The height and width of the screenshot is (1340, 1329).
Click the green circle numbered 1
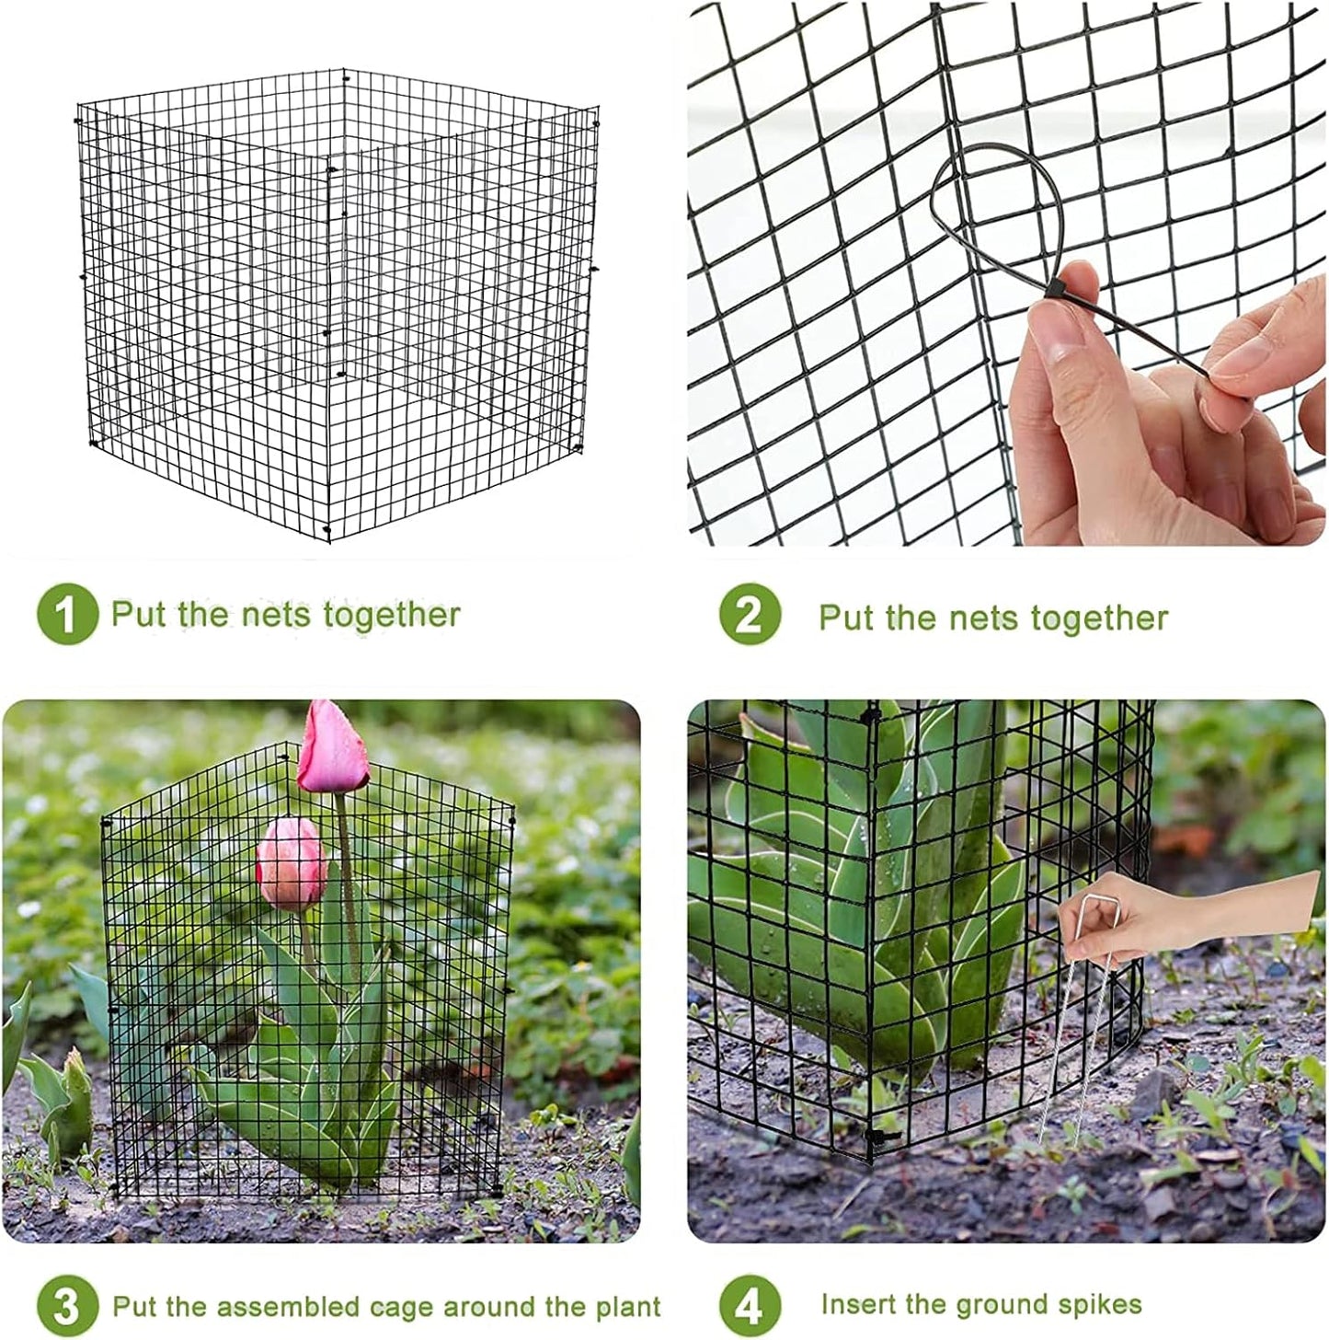coord(67,614)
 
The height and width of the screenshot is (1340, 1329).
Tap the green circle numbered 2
coord(750,615)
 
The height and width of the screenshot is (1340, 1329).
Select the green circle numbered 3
coord(67,1306)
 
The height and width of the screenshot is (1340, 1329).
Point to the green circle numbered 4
coord(750,1306)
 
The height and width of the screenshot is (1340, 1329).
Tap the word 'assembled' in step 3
coord(273,1307)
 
